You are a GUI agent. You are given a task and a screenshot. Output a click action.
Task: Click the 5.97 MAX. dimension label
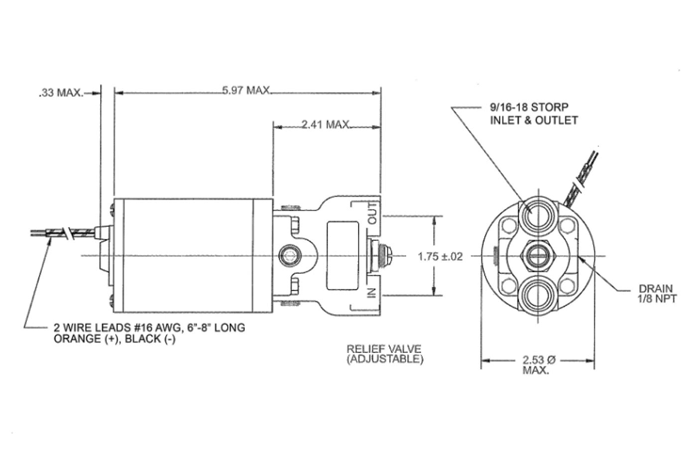click(246, 91)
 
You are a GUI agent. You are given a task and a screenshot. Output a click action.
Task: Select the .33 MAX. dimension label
click(61, 93)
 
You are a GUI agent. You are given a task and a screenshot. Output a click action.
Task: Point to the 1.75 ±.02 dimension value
click(440, 256)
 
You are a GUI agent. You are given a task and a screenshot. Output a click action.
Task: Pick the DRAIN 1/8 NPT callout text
click(656, 293)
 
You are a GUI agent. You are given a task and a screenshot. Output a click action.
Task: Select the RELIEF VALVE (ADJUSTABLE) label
click(384, 354)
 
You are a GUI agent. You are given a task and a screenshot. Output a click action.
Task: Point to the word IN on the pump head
click(371, 294)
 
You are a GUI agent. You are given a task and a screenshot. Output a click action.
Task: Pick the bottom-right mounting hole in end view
click(567, 286)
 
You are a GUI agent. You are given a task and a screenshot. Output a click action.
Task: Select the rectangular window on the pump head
click(342, 256)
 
